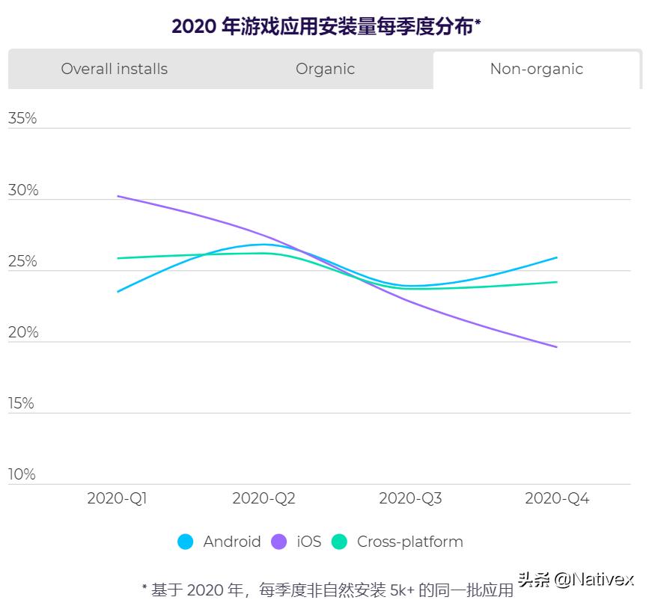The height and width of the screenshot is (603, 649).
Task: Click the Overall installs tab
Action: [115, 69]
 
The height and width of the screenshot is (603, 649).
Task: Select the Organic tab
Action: [325, 69]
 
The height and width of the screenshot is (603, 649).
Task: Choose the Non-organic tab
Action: [536, 69]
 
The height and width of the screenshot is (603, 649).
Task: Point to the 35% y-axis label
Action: [22, 119]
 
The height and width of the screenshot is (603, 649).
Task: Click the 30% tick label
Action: [22, 190]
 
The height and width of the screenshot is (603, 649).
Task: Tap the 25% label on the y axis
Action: [22, 261]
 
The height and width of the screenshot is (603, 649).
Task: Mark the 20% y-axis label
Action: [22, 332]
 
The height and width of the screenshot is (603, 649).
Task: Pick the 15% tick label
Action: [22, 403]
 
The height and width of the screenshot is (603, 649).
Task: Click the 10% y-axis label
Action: [22, 474]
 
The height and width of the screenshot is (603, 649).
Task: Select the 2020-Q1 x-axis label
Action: [118, 498]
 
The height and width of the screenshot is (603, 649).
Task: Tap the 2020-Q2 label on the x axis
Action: [263, 498]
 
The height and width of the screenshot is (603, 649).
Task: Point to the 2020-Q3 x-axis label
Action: [410, 498]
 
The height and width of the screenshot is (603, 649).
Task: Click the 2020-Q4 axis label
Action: [557, 498]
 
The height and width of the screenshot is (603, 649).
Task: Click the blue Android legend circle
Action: [185, 542]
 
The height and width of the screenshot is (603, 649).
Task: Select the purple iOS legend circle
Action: [278, 542]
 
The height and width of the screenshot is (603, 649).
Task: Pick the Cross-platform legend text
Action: [409, 542]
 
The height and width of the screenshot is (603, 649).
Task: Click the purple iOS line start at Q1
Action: [118, 197]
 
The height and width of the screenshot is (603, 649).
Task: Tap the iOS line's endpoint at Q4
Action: [557, 346]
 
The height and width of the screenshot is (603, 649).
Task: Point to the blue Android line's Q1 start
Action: [118, 291]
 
